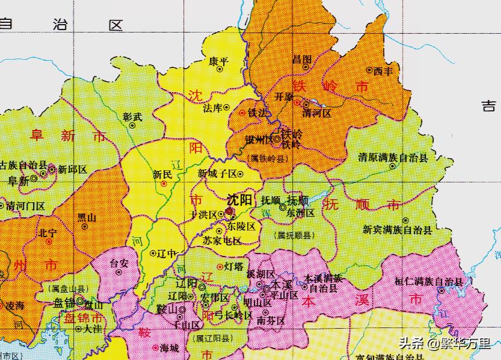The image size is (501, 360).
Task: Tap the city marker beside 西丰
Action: pos(369,71)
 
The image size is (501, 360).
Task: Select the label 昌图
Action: pos(301,59)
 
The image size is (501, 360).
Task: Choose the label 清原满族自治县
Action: pos(393,158)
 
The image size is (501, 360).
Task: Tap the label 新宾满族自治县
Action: pos(397,230)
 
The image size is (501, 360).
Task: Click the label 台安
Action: pos(119,263)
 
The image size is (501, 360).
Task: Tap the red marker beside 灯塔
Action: pos(219,266)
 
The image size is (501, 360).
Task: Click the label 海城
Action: pos(169,348)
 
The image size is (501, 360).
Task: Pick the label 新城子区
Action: pos(217,173)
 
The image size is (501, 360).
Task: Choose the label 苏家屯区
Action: pos(222,241)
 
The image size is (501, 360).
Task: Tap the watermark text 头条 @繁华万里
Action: pos(444,343)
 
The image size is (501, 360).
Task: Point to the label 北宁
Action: pos(48,232)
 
